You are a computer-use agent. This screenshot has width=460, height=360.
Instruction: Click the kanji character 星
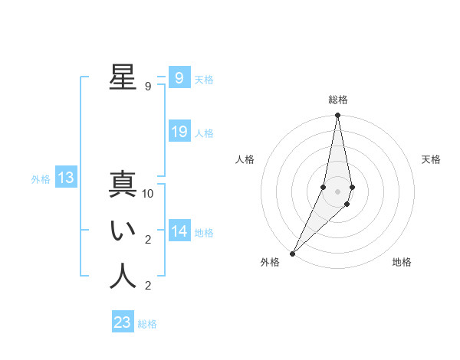123,77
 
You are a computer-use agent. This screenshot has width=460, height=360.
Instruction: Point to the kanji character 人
123,277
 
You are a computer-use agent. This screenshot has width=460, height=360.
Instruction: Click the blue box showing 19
179,132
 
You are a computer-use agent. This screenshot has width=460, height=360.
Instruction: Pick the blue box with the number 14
179,231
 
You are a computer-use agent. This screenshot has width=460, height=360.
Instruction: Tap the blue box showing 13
66,178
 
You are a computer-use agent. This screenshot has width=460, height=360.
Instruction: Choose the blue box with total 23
123,322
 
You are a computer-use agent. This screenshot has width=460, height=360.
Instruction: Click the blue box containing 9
179,78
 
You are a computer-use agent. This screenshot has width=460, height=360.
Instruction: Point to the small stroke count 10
148,194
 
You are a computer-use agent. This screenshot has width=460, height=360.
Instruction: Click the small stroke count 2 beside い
148,240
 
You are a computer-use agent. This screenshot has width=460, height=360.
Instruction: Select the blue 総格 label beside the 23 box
147,324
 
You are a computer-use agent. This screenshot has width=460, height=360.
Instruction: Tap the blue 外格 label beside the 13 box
41,179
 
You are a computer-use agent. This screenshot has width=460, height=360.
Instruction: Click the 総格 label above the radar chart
337,100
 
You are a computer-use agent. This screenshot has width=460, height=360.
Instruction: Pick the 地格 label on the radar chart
402,262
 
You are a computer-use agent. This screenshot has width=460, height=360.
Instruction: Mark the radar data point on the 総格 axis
337,116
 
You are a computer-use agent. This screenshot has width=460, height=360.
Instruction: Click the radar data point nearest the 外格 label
292,253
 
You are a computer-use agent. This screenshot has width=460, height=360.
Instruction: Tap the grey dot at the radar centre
337,191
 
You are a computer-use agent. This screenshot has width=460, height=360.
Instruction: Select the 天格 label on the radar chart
431,159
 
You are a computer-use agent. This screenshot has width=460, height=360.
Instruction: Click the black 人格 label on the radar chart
245,159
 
